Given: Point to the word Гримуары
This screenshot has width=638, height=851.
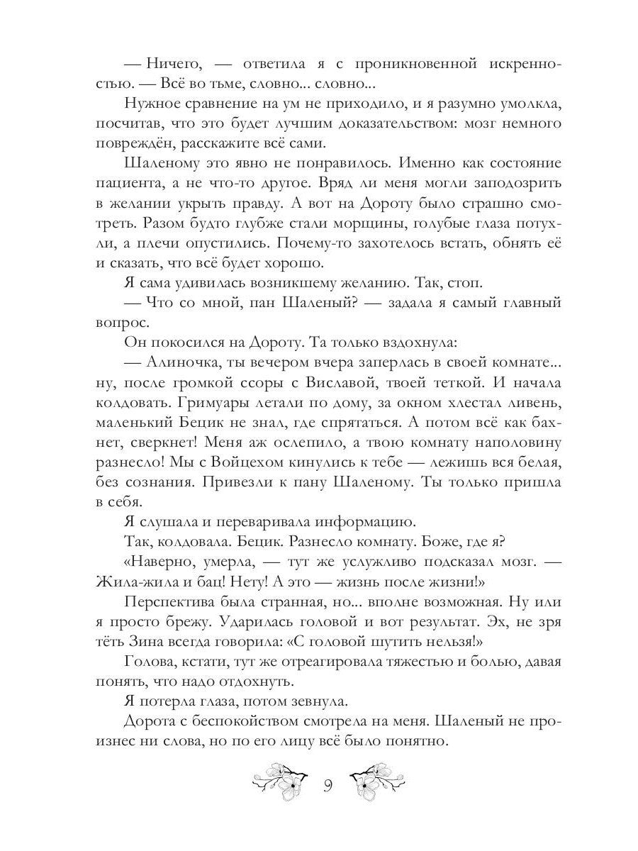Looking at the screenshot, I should (x=194, y=403).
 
